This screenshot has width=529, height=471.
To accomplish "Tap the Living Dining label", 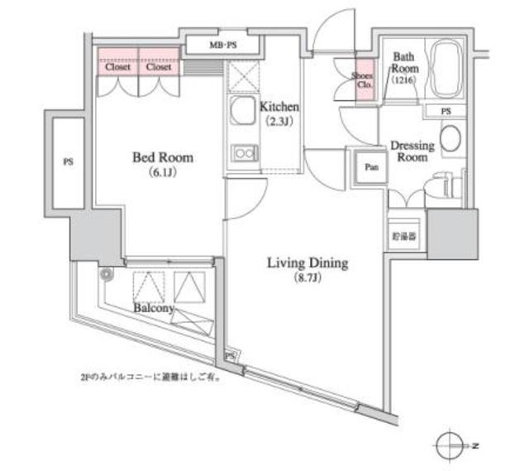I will coord(307,264).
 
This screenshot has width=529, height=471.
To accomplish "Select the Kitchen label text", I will coord(279,108).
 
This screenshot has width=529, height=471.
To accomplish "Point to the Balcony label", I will coord(153,308).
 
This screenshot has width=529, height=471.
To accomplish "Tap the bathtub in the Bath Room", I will coord(447,70).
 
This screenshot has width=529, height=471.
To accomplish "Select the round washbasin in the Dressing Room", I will coord(451,139).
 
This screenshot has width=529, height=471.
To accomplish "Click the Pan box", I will coord(372,167).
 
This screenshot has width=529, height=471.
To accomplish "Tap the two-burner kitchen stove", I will coord(244,153).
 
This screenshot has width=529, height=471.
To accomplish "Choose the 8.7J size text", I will coord(307,280).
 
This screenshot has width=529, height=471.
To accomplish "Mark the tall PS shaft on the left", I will coord(68,163).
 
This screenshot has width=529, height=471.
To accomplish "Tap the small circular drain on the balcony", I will coord(106,275).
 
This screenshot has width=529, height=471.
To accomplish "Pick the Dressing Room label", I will coord(412,151).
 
